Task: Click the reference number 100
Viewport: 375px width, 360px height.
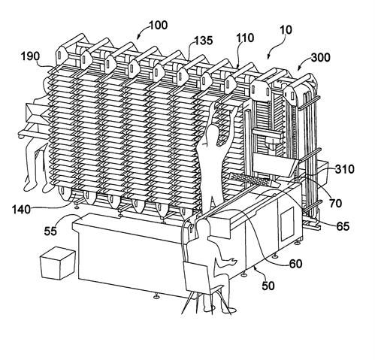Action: coord(158,26)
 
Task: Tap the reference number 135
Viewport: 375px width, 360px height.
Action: coord(204,41)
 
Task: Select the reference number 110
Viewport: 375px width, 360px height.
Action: coord(245,38)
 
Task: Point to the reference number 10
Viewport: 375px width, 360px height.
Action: coord(286,30)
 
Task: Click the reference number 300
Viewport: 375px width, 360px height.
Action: coord(321,58)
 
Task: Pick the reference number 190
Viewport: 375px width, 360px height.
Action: coord(30,56)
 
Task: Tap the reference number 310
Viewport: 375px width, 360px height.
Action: coord(345,169)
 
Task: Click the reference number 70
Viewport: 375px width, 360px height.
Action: coord(336,203)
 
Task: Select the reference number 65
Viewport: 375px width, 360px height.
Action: coord(343,226)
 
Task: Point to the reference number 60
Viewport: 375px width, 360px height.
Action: coord(295,264)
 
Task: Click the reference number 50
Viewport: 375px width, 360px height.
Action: coord(268,286)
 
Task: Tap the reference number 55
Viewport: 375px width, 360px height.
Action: coord(50,231)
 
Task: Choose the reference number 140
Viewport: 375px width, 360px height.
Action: coord(22,209)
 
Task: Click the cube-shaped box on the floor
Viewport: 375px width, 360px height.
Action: coord(58,263)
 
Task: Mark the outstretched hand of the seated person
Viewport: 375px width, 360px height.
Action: coord(231,261)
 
